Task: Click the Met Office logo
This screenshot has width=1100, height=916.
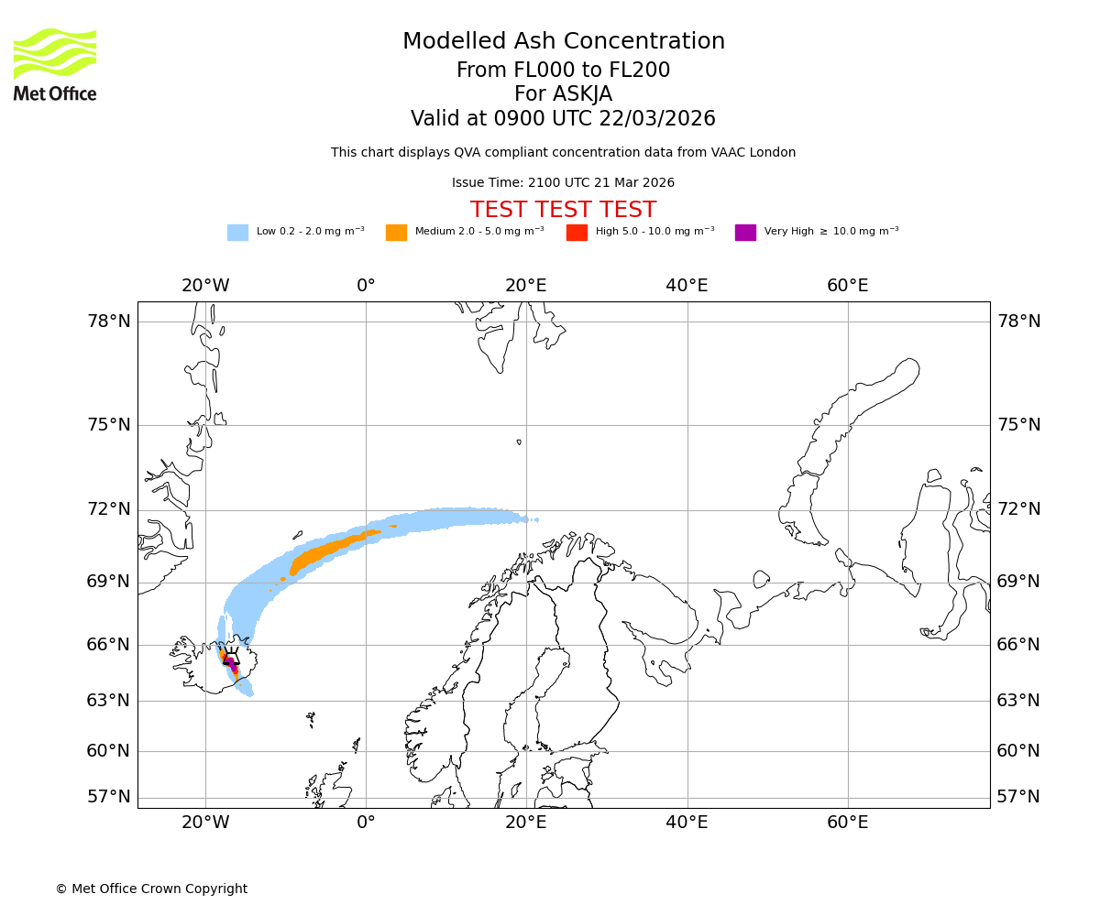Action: pyautogui.click(x=55, y=64)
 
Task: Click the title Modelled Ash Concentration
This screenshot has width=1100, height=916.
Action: pyautogui.click(x=564, y=41)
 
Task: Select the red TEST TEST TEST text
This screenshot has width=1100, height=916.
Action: pyautogui.click(x=563, y=210)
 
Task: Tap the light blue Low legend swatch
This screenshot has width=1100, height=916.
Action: pyautogui.click(x=237, y=233)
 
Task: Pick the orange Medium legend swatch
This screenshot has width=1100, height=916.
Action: pyautogui.click(x=396, y=233)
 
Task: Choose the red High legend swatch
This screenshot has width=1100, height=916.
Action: pyautogui.click(x=577, y=233)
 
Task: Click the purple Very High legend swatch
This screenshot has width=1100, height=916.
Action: pyautogui.click(x=745, y=233)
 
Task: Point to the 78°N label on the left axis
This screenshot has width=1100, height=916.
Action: pyautogui.click(x=109, y=322)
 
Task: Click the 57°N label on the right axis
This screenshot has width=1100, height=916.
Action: pyautogui.click(x=1018, y=797)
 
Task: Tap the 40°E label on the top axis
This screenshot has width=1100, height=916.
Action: pyautogui.click(x=687, y=286)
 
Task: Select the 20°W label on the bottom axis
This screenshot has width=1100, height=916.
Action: pyautogui.click(x=205, y=823)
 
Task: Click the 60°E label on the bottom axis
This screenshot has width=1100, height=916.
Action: pyautogui.click(x=848, y=823)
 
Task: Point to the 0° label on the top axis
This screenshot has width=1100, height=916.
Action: pyautogui.click(x=366, y=286)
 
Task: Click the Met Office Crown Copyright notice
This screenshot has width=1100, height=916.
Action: pyautogui.click(x=151, y=889)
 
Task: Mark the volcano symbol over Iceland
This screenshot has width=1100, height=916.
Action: pyautogui.click(x=231, y=657)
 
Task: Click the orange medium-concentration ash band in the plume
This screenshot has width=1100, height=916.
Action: pyautogui.click(x=321, y=554)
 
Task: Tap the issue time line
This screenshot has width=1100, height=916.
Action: pyautogui.click(x=563, y=183)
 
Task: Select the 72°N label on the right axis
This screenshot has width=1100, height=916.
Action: pyautogui.click(x=1018, y=509)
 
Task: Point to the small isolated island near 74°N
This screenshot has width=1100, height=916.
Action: pyautogui.click(x=519, y=442)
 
